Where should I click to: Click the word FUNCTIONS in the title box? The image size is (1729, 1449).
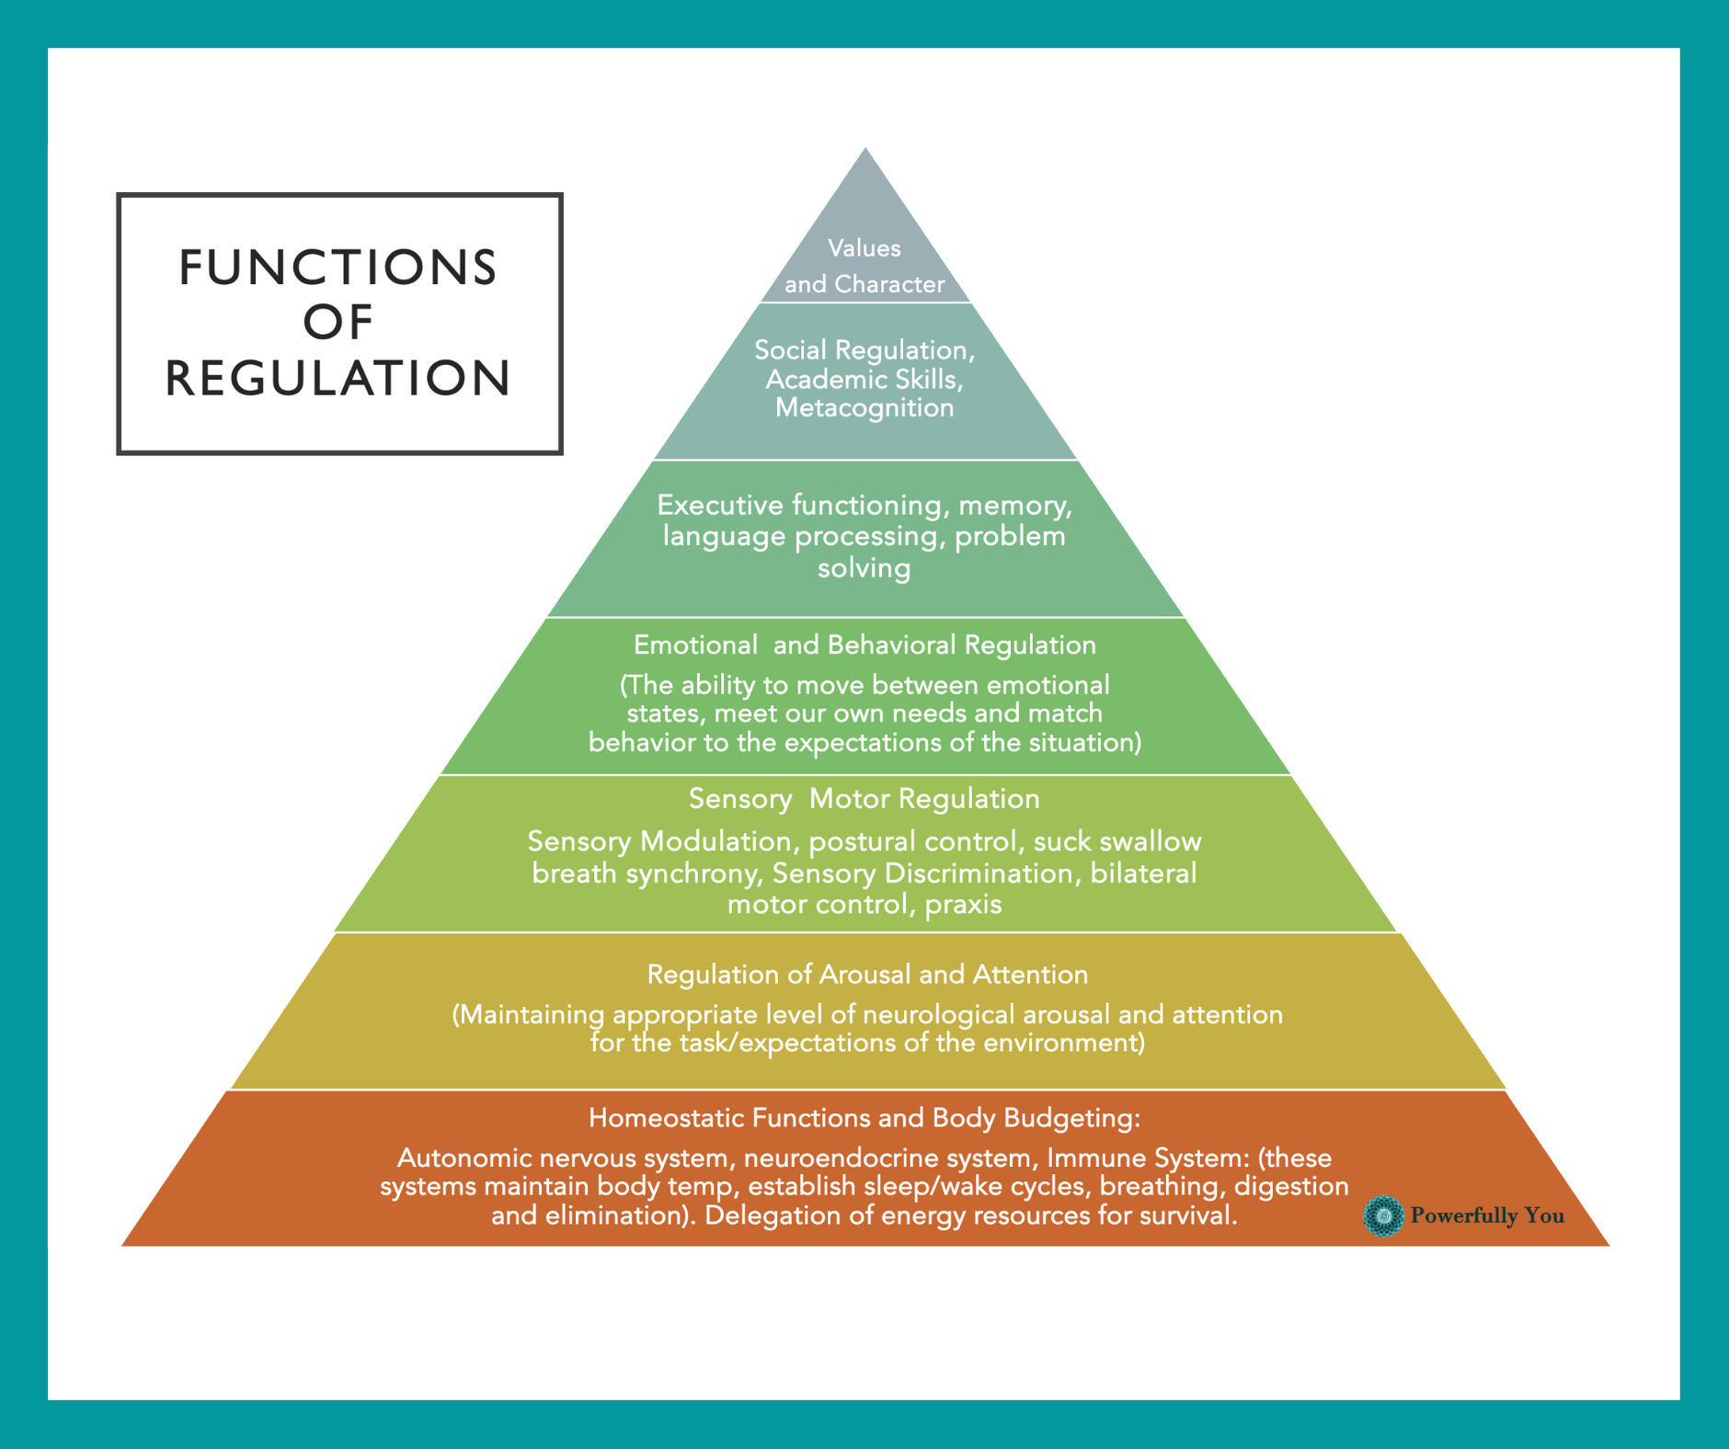point(338,268)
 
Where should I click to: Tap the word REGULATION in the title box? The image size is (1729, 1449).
point(338,378)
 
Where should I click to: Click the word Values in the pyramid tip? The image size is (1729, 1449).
point(864,248)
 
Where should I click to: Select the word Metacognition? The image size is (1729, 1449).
point(864,407)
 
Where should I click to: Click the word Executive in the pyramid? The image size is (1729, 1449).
point(720,505)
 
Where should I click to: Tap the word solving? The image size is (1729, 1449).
point(864,568)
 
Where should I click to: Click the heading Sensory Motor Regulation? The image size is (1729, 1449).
point(864,799)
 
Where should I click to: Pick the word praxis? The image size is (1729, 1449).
point(963,905)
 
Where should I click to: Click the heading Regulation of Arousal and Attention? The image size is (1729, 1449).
point(866,975)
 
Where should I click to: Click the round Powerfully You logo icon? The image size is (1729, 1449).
point(1383,1215)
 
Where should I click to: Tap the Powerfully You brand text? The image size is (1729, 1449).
point(1486,1215)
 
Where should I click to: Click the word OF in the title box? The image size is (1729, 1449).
point(338,323)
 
